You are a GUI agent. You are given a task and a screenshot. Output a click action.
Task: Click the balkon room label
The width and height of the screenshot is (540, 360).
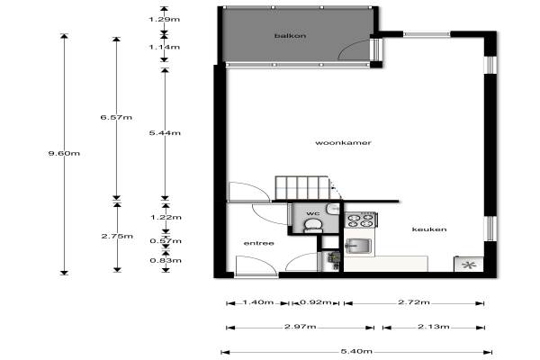(290, 35)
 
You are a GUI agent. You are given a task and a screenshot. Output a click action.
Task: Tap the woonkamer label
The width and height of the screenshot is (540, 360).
(343, 142)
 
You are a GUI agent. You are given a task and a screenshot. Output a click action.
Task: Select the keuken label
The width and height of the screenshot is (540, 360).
(429, 229)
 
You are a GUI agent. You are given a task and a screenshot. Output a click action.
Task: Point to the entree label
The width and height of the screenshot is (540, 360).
(258, 243)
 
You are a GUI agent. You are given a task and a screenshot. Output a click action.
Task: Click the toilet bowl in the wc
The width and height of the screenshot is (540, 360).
(313, 226)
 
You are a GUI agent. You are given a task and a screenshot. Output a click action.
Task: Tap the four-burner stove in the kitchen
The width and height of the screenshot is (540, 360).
(361, 220)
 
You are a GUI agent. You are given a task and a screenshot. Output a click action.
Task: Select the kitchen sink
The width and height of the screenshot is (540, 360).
(358, 246)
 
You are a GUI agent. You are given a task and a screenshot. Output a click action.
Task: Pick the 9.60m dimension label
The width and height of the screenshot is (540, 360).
(64, 153)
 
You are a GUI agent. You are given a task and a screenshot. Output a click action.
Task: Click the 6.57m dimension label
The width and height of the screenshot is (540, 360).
(116, 117)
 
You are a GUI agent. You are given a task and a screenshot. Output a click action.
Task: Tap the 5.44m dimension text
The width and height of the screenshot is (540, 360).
(165, 132)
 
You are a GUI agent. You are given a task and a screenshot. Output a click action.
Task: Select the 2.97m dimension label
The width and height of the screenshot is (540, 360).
(301, 326)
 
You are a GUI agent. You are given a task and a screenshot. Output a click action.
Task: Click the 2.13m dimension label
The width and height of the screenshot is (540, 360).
(434, 326)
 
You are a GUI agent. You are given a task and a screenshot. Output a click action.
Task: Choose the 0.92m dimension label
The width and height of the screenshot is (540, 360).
(316, 302)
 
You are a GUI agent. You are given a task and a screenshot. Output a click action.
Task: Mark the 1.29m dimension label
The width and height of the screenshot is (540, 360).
(165, 19)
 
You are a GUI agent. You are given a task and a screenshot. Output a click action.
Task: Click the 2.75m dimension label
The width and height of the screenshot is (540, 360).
(117, 236)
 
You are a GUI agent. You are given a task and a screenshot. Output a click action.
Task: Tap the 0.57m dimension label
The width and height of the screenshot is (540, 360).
(166, 241)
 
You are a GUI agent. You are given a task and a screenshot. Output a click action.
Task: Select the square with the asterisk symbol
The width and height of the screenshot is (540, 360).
(469, 265)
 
